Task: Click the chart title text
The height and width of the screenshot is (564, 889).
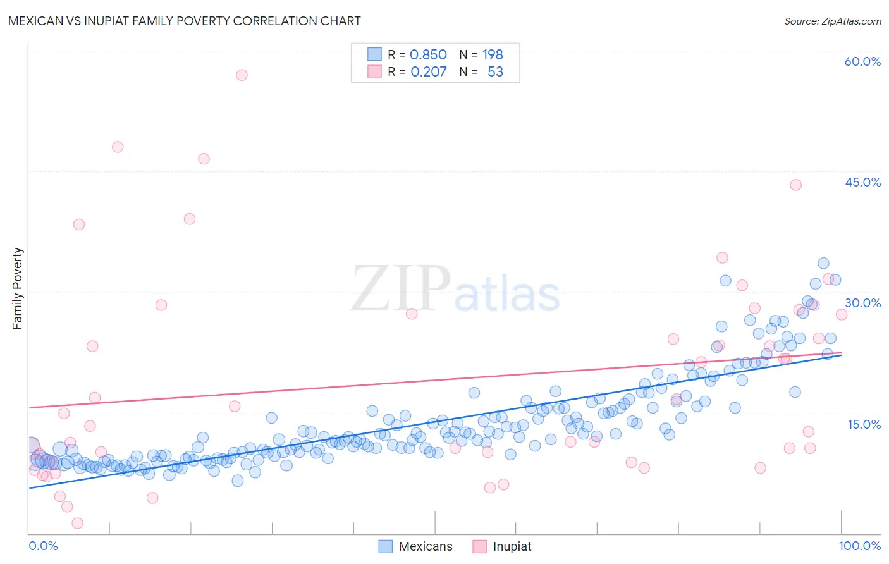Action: (184, 21)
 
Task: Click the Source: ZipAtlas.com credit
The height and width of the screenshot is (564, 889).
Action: (832, 21)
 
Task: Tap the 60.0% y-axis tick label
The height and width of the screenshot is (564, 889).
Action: (862, 61)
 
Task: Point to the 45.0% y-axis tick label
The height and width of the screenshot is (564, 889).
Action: (862, 182)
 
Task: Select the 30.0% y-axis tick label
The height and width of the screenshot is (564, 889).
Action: (862, 303)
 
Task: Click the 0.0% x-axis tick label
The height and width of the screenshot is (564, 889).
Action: (43, 546)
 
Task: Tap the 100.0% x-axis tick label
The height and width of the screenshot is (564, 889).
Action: (859, 546)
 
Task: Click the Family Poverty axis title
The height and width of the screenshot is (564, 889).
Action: (18, 288)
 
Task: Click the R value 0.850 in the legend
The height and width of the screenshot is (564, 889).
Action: (428, 54)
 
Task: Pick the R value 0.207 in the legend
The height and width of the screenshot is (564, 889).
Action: (428, 71)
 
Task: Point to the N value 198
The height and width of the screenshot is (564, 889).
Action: (493, 54)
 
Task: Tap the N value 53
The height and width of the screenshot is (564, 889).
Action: (495, 71)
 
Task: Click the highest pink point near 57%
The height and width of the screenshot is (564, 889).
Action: (242, 75)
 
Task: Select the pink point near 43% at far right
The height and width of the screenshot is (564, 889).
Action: (795, 185)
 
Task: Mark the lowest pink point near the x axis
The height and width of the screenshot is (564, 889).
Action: (77, 523)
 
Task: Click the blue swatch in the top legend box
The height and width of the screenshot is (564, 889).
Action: (374, 54)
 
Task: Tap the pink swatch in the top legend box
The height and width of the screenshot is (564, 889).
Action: (374, 71)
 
